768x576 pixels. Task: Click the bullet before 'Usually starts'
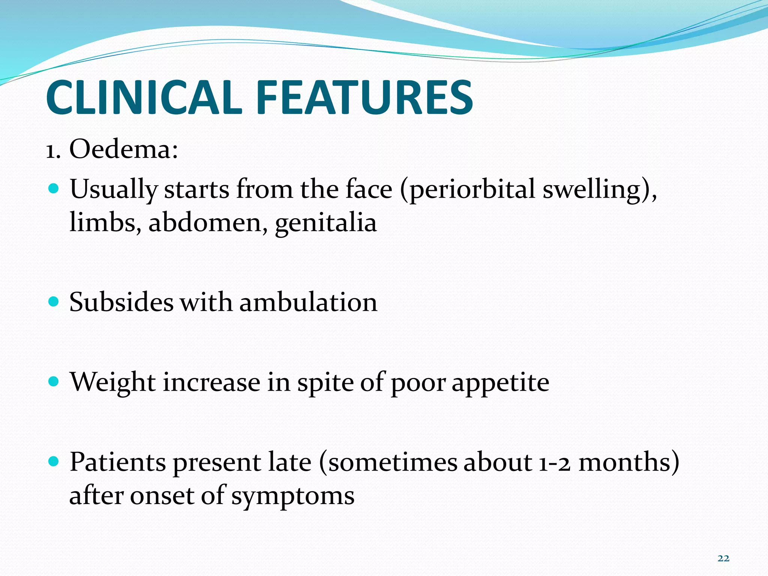point(54,189)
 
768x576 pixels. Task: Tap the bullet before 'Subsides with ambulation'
point(54,301)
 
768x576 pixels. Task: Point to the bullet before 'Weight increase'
point(54,382)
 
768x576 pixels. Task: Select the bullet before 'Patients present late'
point(54,462)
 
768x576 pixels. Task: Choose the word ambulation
point(308,302)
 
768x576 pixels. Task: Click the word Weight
point(112,382)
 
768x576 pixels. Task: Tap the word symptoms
point(292,496)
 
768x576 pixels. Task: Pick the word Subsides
point(121,302)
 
